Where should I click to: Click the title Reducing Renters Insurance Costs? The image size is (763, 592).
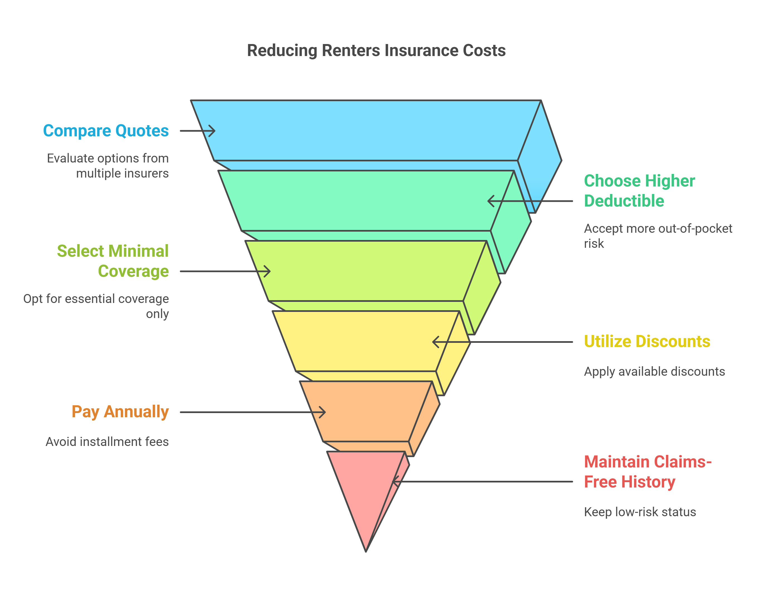pos(376,50)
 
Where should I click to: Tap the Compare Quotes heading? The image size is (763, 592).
pos(106,131)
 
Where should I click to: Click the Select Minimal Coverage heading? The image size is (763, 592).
pos(113,261)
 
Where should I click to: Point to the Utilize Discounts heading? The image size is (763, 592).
pos(647,341)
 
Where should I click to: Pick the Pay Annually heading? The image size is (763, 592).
pos(120,411)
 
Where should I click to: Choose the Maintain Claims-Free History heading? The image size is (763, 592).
pos(647,472)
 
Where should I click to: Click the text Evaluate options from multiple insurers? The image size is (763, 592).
pos(108,166)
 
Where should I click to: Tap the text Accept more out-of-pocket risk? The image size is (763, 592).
pos(658,236)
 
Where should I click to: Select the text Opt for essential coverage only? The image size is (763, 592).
pos(96,306)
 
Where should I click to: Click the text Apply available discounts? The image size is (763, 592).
pos(654,371)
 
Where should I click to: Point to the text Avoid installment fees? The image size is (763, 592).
pos(107,441)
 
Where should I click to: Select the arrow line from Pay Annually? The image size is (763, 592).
pos(245,412)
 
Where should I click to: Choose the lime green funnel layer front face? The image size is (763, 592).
pos(363,271)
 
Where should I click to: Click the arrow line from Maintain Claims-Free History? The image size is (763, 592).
pos(489,482)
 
